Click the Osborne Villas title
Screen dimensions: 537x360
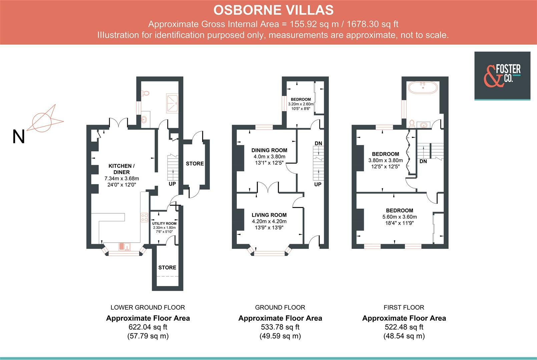pyautogui.click(x=273, y=10)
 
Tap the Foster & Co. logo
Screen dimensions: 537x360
pyautogui.click(x=502, y=76)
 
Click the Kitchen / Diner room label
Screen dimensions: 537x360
pyautogui.click(x=121, y=169)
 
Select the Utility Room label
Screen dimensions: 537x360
pyautogui.click(x=164, y=223)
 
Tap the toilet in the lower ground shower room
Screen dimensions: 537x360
pyautogui.click(x=145, y=93)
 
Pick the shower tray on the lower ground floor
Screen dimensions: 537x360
pyautogui.click(x=172, y=103)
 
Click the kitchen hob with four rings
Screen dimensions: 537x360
pyautogui.click(x=144, y=217)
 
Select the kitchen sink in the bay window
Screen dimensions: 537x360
pyautogui.click(x=125, y=246)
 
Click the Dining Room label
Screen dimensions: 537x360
pyautogui.click(x=269, y=150)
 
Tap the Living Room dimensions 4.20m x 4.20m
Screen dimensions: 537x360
pyautogui.click(x=269, y=221)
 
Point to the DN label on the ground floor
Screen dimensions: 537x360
pyautogui.click(x=318, y=143)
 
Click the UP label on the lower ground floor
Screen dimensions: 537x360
pyautogui.click(x=172, y=184)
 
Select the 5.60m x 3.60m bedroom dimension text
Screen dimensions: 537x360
pyautogui.click(x=399, y=217)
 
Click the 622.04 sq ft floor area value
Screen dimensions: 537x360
pyautogui.click(x=148, y=327)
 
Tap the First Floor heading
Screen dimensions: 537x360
pyautogui.click(x=404, y=307)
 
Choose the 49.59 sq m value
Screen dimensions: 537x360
pyautogui.click(x=280, y=336)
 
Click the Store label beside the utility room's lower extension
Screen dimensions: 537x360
pyautogui.click(x=167, y=267)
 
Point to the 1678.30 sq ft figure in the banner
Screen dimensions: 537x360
pyautogui.click(x=373, y=24)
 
